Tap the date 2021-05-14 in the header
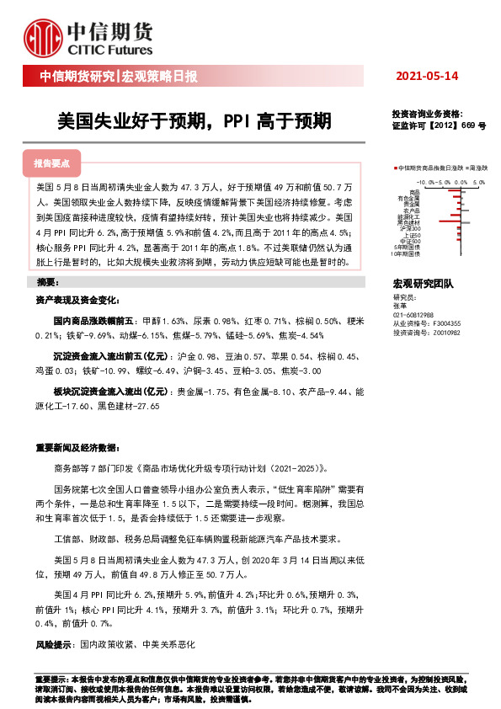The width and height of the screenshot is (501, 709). click(x=427, y=77)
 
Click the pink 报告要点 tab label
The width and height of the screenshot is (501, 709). click(x=51, y=163)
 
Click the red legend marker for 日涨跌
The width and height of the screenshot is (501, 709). click(x=395, y=168)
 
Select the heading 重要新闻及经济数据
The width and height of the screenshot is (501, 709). click(x=73, y=447)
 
